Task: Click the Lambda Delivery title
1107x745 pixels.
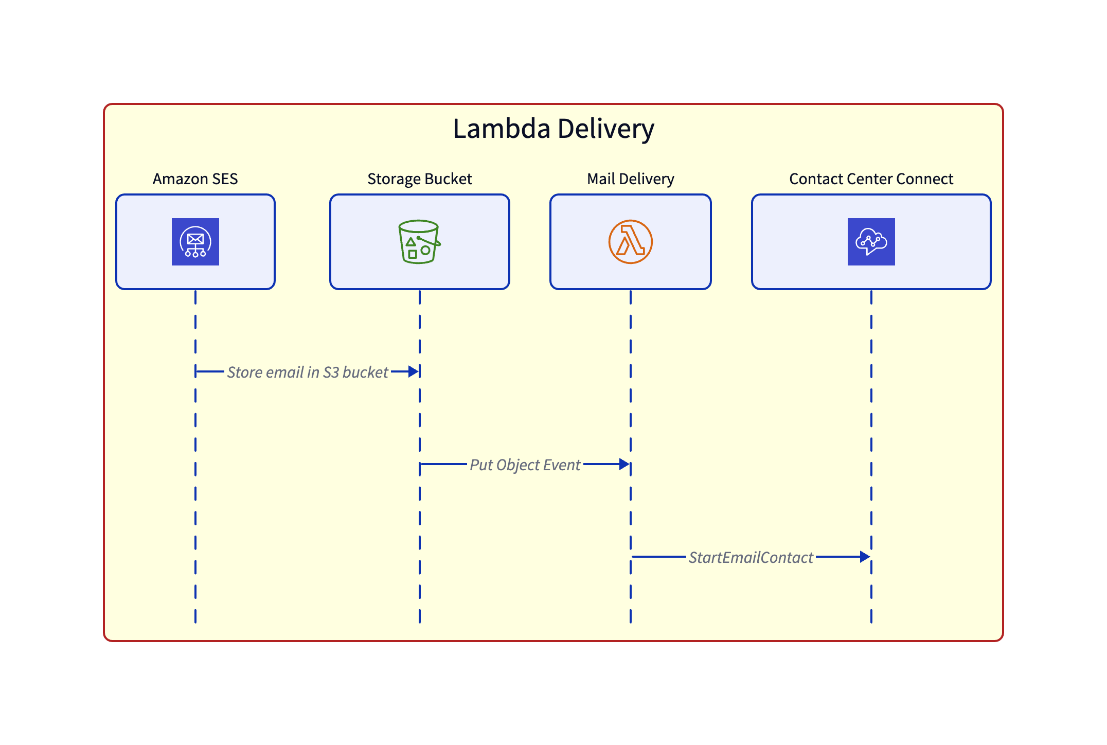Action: (553, 129)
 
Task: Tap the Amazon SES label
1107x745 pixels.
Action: (195, 179)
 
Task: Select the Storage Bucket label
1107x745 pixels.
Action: (419, 179)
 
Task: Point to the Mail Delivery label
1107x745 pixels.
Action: (630, 179)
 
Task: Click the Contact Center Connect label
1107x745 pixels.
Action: (871, 179)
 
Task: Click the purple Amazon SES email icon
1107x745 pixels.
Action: (195, 242)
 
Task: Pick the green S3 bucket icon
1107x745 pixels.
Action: (419, 242)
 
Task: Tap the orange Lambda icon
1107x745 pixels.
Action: (630, 242)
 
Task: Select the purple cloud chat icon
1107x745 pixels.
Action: (871, 242)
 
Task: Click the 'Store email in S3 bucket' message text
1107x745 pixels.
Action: (308, 372)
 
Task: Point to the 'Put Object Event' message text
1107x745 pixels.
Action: (525, 465)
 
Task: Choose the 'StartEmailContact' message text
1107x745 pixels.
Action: (751, 557)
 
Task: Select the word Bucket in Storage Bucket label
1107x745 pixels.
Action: (448, 179)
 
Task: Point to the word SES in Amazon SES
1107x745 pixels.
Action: (225, 179)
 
